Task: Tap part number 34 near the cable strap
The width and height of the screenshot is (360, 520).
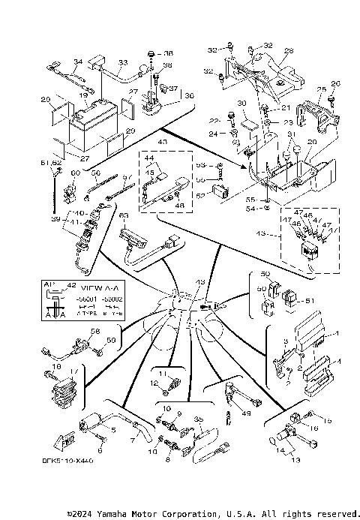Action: (x=77, y=62)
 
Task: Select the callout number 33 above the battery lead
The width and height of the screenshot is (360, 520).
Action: (x=123, y=62)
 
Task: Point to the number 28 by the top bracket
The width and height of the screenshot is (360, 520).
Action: (x=289, y=51)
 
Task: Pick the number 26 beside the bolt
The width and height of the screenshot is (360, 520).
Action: (x=335, y=83)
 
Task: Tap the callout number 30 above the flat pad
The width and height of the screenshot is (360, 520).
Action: (x=241, y=103)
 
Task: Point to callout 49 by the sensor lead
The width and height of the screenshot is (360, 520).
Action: (x=246, y=412)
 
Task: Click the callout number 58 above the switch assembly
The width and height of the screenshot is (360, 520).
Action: (x=94, y=331)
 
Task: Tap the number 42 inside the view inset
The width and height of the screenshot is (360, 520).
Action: (x=72, y=286)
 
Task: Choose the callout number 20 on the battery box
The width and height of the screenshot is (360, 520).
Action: (x=311, y=142)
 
